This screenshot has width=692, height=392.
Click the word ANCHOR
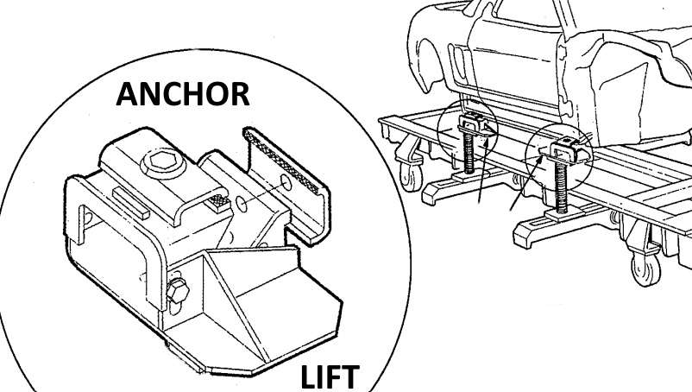point(183,94)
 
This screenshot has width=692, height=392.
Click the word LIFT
point(330,377)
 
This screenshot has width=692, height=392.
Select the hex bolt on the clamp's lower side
point(178,290)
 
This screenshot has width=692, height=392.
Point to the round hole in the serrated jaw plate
point(286,182)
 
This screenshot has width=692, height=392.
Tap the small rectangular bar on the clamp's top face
point(131,200)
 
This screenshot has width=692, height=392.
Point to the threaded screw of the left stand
point(469,153)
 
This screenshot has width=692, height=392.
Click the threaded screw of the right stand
point(562,186)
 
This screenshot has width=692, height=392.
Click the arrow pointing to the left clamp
point(483,170)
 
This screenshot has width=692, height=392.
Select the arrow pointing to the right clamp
point(525,183)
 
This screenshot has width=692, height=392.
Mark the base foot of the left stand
point(467,187)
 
